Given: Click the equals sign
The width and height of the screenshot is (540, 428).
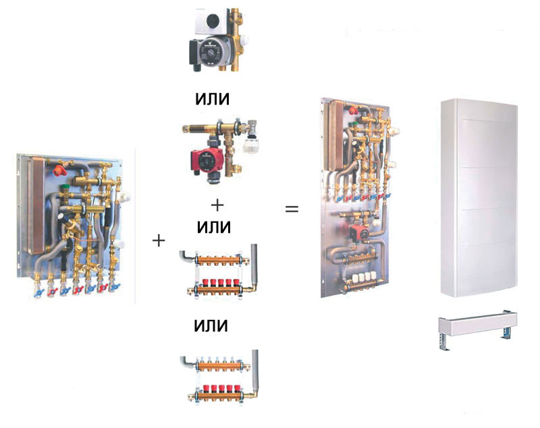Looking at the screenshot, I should pos(292,209).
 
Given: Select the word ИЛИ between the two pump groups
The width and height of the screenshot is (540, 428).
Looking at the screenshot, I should pos(211,99).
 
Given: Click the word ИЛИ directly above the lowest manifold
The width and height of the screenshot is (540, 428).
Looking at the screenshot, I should pos(211,326).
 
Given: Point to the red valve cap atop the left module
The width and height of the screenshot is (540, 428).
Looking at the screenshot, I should pos(64,163).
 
